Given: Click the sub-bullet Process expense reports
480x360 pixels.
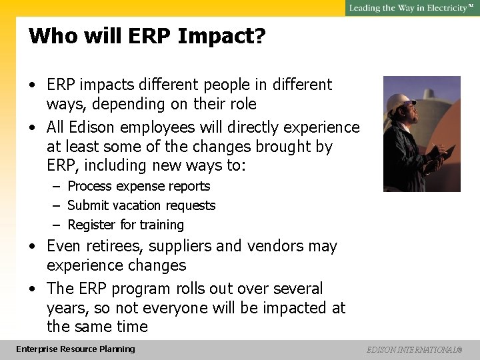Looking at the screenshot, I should pyautogui.click(x=139, y=187).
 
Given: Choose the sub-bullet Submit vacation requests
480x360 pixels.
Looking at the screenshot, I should pyautogui.click(x=141, y=206).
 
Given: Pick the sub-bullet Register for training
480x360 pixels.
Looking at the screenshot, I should pyautogui.click(x=125, y=225).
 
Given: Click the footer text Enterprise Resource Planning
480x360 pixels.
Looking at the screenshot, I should pyautogui.click(x=75, y=349).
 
